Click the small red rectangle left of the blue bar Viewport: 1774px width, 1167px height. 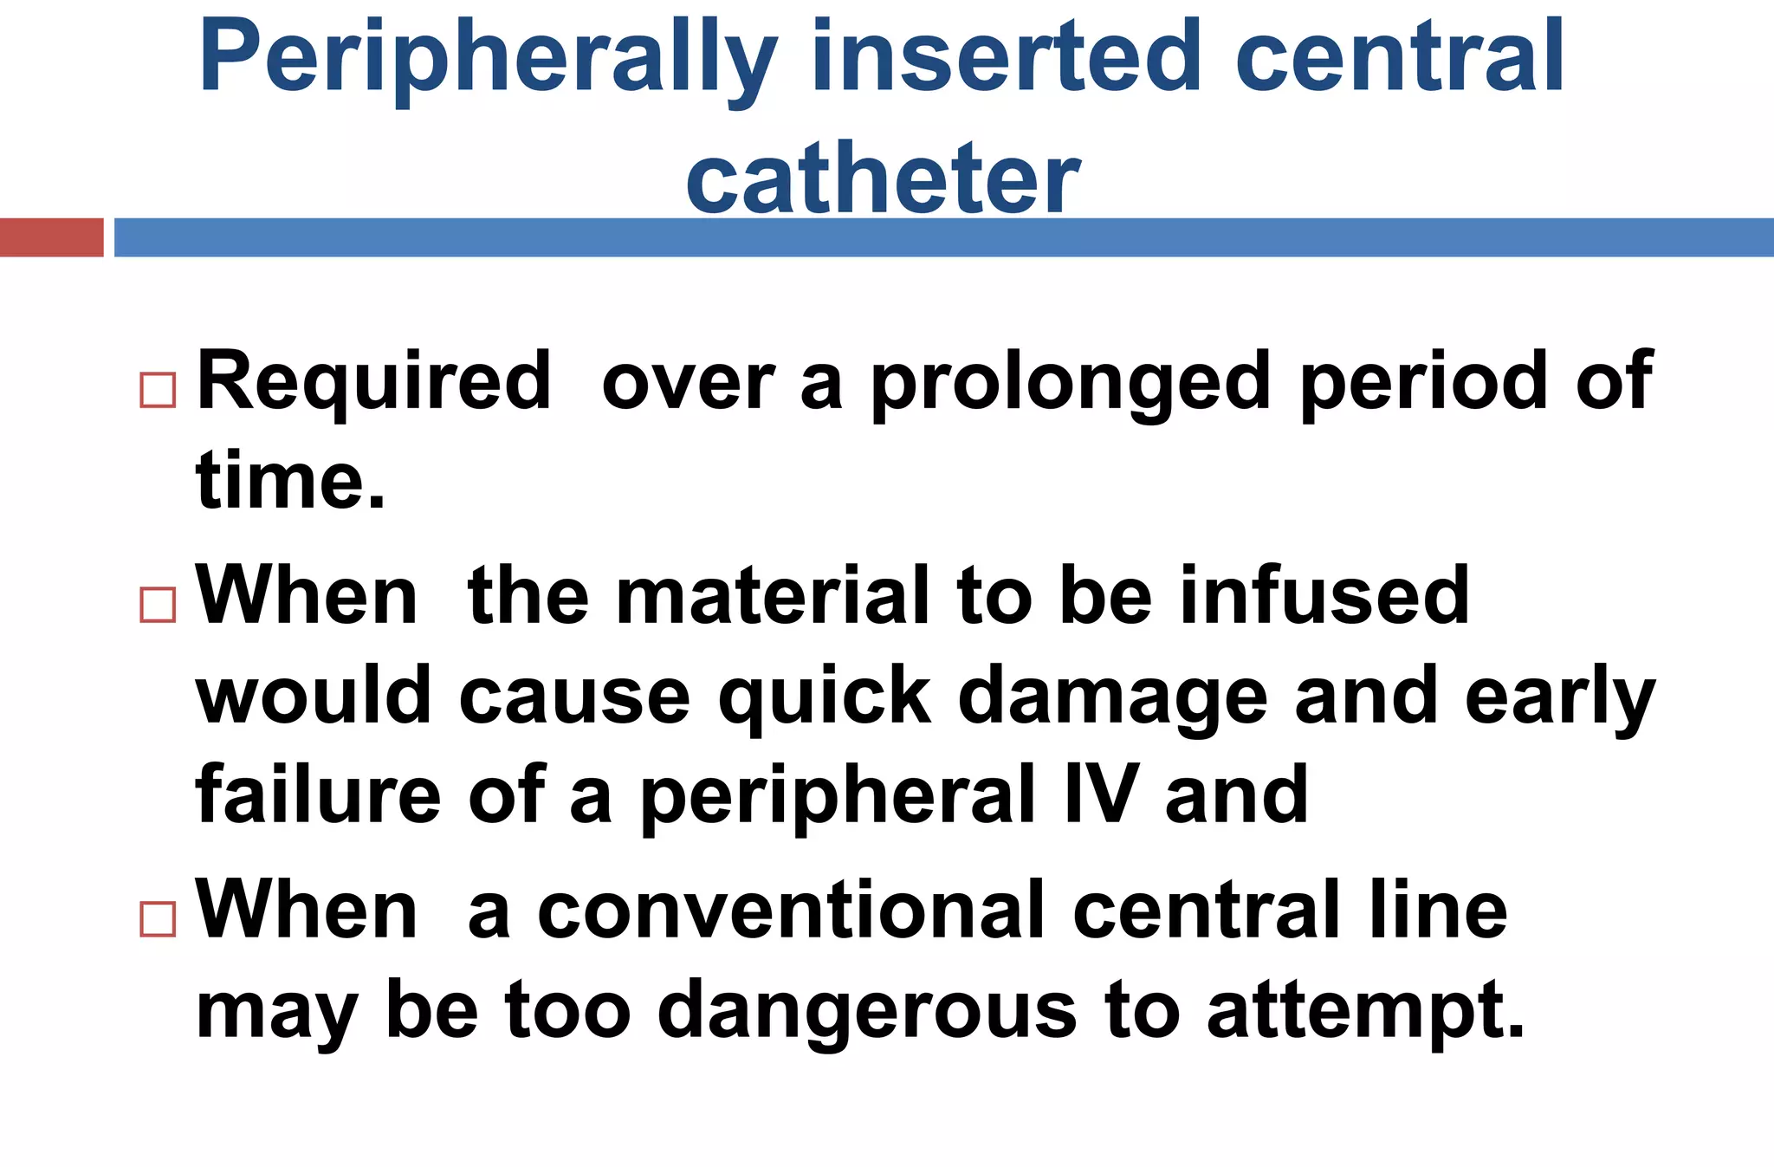(51, 237)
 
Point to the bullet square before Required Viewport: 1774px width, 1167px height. (158, 390)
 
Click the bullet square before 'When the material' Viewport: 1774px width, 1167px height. (158, 605)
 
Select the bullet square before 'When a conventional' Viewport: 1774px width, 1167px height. (158, 918)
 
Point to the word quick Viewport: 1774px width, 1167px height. (824, 696)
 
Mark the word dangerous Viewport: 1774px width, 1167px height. (867, 1010)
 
